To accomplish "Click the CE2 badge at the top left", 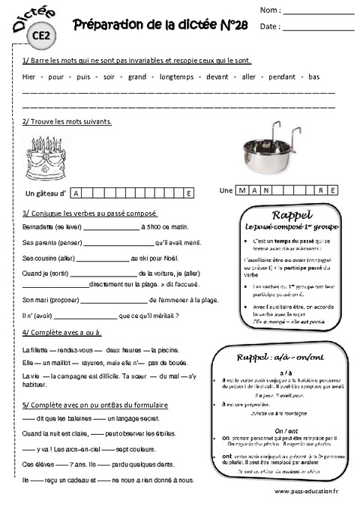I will click(x=41, y=34).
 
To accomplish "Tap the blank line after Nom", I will click(x=319, y=13).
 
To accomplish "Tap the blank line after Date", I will click(x=319, y=28).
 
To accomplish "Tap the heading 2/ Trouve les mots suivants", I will click(x=67, y=121).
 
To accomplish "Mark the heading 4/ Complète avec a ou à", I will click(x=62, y=332).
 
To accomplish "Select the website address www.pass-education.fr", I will click(x=307, y=491).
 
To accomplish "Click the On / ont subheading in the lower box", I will click(x=286, y=430).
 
